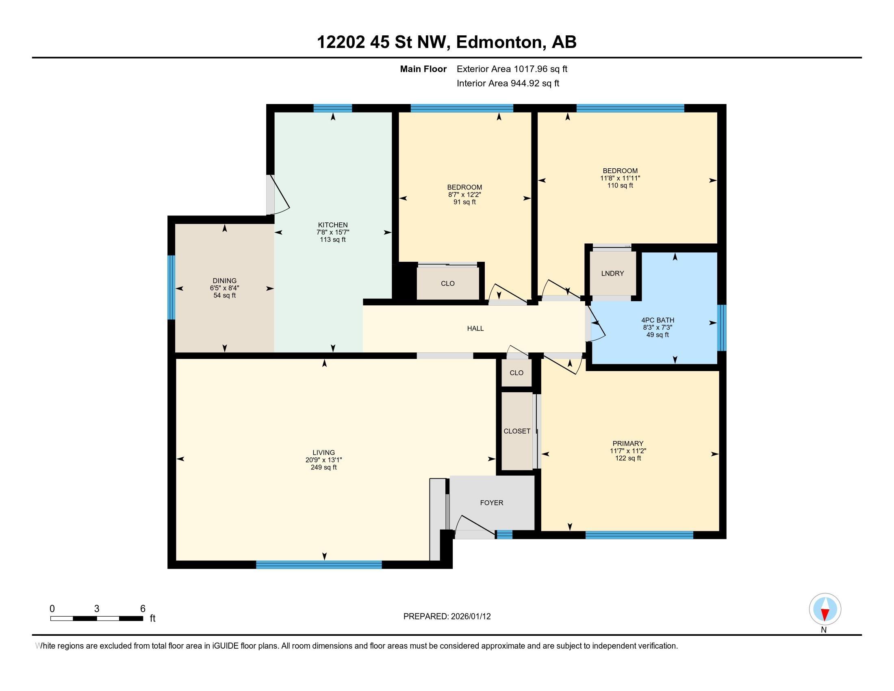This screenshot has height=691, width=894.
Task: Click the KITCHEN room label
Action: pos(333,225)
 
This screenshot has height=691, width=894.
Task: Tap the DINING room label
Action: pos(224,281)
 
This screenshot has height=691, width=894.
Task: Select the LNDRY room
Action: pos(612,274)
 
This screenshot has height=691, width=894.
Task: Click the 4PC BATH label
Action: pos(657,320)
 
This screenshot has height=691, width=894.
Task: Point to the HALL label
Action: pos(475,328)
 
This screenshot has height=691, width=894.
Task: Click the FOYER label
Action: pos(491,503)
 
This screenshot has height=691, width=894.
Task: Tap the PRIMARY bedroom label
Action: pos(627,443)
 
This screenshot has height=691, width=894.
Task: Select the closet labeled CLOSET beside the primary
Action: pos(516,431)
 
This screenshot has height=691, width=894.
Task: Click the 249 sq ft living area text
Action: pos(323,467)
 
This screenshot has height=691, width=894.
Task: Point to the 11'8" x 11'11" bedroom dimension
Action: pos(620,178)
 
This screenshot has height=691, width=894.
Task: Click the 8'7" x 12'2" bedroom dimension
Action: pos(464,195)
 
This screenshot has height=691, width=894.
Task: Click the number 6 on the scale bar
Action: pos(143,609)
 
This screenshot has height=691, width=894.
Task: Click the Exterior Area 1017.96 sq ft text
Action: pos(512,69)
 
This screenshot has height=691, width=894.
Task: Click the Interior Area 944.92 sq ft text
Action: pos(508,83)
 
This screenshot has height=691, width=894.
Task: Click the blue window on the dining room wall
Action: pos(171,287)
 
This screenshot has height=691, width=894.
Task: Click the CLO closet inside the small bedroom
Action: pos(447,283)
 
